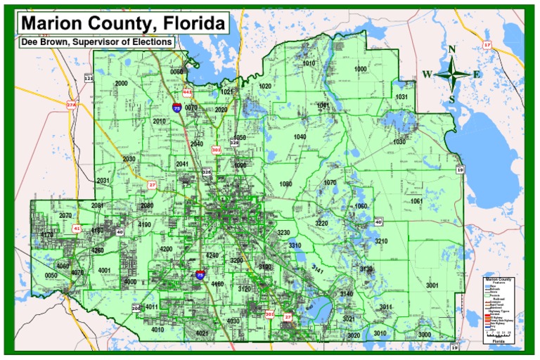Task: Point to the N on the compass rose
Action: tap(453, 49)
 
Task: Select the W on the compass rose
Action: tap(427, 75)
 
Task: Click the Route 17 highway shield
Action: tap(487, 45)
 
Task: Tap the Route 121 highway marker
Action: tap(89, 78)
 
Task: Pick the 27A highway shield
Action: tap(71, 105)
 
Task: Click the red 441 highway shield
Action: tap(186, 92)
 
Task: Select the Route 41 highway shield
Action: tap(77, 229)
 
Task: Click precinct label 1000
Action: tap(361, 69)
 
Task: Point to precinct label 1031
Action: tap(401, 96)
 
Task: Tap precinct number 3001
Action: tap(432, 285)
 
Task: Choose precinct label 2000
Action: tap(121, 83)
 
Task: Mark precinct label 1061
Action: tap(416, 201)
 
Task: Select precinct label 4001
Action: tap(105, 270)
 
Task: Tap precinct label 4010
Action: tap(157, 329)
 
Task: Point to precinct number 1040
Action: tap(300, 136)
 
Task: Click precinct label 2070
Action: tap(65, 215)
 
